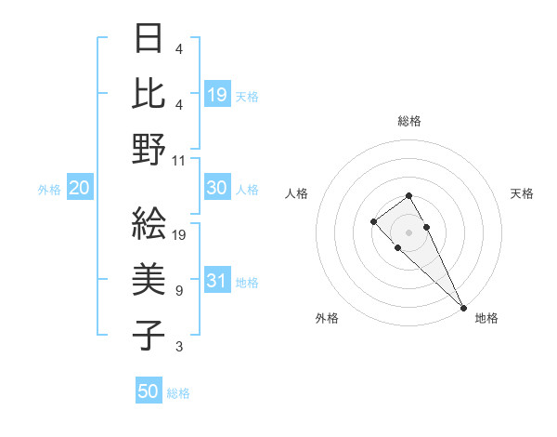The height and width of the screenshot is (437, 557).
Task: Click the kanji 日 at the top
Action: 149,40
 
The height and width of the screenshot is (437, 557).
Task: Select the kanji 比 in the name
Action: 149,94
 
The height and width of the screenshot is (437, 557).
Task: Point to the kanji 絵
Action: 149,223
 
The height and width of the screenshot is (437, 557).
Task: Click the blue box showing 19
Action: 217,95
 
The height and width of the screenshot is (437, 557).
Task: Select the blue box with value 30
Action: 217,188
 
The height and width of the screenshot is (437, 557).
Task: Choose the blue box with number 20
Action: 79,189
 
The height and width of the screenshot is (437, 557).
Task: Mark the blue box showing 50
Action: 149,391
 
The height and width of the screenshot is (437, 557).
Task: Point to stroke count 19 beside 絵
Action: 179,234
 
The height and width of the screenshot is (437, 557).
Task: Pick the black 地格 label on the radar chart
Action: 486,318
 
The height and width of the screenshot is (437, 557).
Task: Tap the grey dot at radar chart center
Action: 409,232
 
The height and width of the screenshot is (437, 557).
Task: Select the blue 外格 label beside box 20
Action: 49,190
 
